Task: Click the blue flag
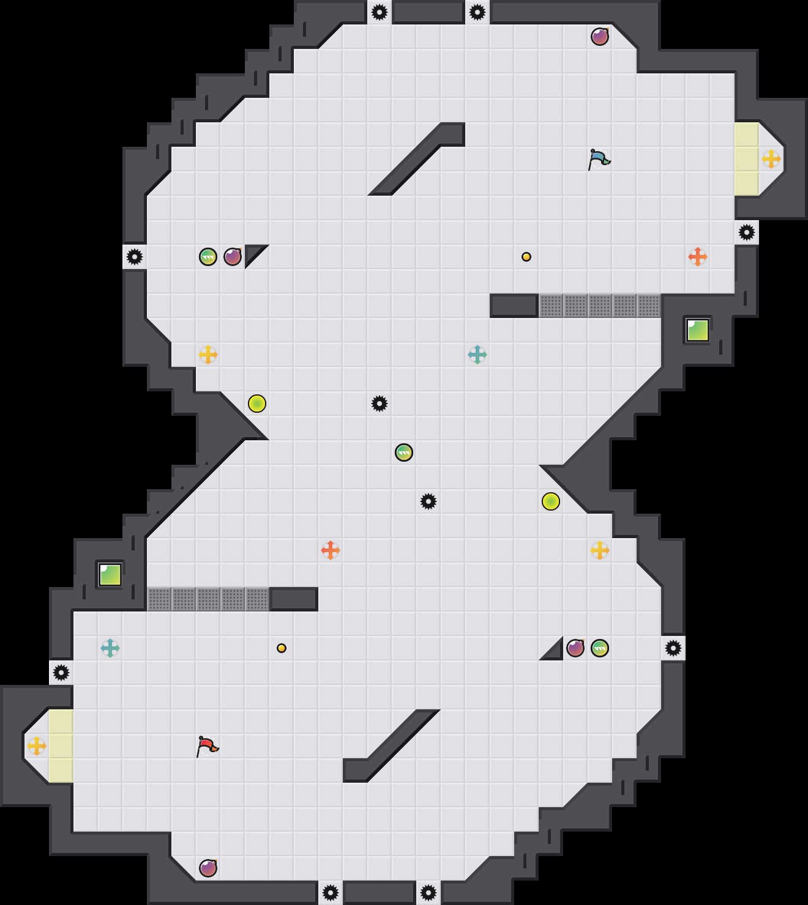pos(599,159)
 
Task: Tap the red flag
pos(207,746)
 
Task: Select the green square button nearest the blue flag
pos(697,330)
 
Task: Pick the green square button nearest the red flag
pos(110,575)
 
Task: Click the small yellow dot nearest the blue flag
pos(526,257)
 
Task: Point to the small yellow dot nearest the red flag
pos(282,648)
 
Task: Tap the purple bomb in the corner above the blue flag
pos(600,37)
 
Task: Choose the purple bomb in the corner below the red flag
pos(208,868)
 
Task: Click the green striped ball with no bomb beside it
pos(404,452)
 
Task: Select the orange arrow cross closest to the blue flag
pos(698,257)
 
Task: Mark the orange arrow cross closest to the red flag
pos(331,550)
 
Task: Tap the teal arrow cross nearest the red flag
pos(110,648)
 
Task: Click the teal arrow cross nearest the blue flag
pos(477,355)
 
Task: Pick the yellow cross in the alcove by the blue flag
pos(771,159)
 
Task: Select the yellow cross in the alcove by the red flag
pos(37,746)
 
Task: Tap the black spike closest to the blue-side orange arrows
pos(747,232)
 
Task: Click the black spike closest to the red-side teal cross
pos(61,673)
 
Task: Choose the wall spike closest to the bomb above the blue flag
pos(477,12)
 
